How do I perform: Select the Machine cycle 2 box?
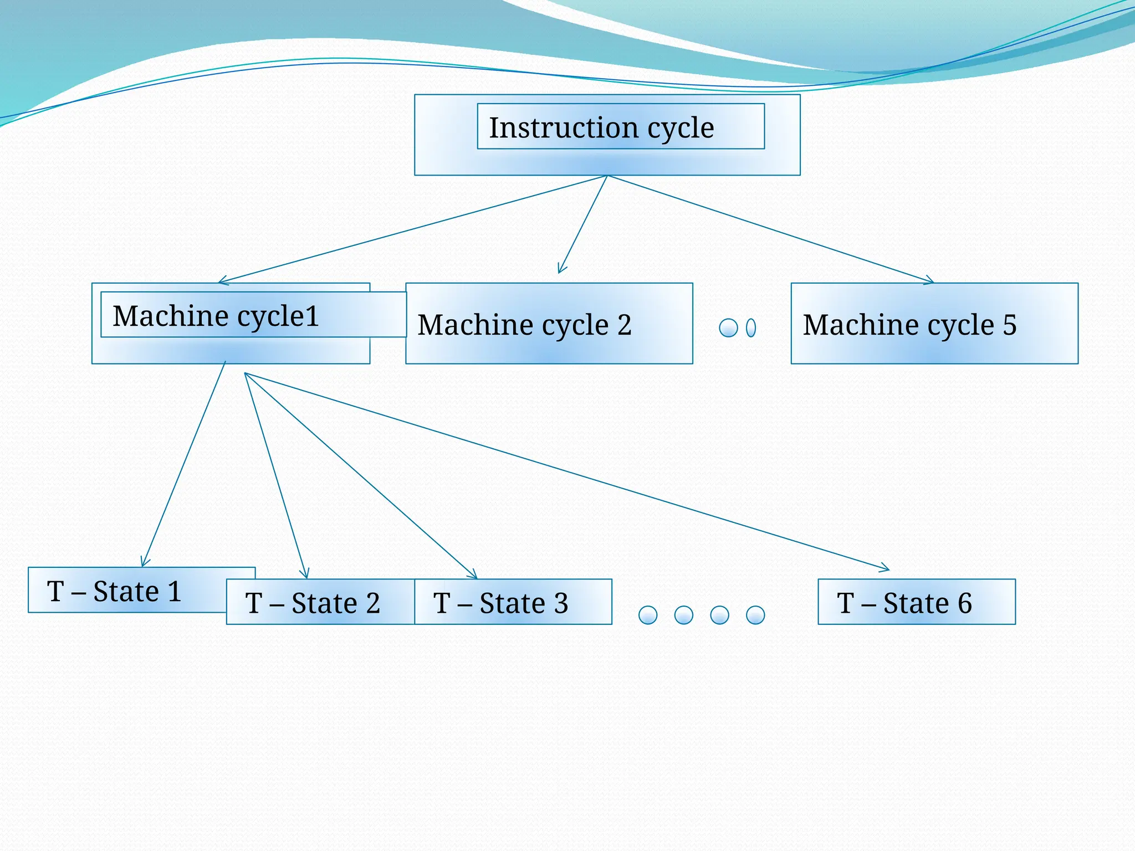tap(549, 324)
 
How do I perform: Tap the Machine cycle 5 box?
tap(934, 324)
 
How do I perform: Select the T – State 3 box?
tap(513, 602)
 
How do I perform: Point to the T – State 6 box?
tap(917, 602)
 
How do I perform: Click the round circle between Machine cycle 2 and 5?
tap(728, 328)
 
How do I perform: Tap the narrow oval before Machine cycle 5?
tap(751, 328)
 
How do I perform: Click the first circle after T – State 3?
tap(648, 615)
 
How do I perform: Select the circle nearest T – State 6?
tap(755, 615)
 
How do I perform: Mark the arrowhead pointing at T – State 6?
tap(886, 568)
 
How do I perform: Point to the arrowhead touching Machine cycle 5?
tap(930, 281)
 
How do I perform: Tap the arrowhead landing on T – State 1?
tap(144, 563)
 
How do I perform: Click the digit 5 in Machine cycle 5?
tap(1010, 325)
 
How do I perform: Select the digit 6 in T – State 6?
tap(965, 603)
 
